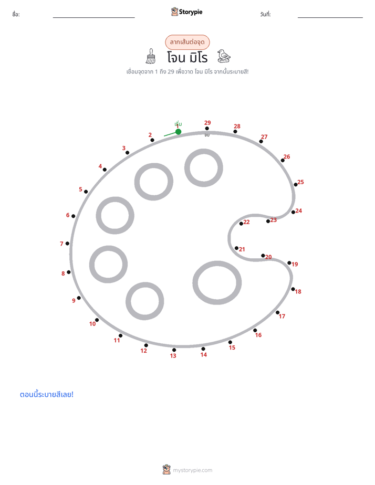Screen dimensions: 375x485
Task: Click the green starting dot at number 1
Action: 178,132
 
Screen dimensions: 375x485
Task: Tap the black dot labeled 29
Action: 207,129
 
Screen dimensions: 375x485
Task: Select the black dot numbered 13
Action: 174,350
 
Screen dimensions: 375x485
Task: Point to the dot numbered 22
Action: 241,224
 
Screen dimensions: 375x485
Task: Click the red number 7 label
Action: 61,244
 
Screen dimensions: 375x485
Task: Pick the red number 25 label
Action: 300,182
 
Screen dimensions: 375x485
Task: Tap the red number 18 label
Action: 298,291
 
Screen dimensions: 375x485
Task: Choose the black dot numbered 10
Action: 97,320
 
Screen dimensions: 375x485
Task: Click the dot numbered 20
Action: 263,256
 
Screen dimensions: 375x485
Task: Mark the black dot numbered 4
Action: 105,170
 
